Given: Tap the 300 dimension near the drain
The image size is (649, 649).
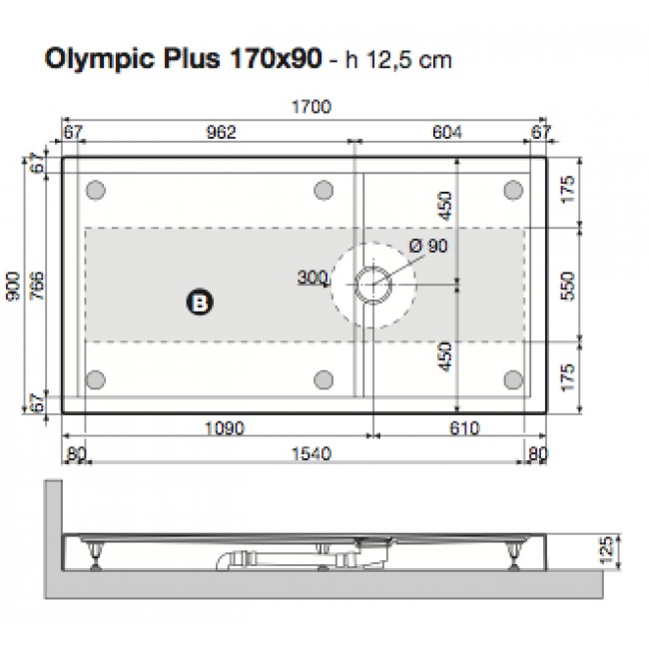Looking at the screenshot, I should [x=314, y=279].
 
